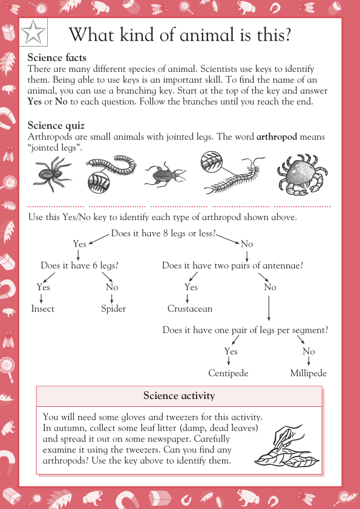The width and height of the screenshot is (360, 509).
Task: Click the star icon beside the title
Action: pos(33,32)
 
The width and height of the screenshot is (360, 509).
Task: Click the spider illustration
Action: pos(52,174)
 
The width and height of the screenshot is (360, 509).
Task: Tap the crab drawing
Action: pos(302,175)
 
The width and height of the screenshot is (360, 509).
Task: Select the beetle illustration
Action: pos(165,175)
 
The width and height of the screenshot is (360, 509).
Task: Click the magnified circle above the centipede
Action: pos(212,161)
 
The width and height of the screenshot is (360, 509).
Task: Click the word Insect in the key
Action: pos(42,309)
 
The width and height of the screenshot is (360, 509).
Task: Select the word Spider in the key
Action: pos(113,309)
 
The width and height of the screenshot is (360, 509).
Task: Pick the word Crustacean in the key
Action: pos(190,309)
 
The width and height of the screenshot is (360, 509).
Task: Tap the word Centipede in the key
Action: pos(228,374)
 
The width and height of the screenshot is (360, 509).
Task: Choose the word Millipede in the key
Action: pos(309,374)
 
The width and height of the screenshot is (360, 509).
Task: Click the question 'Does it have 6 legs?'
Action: pos(80,265)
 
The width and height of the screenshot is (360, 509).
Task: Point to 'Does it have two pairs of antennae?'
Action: pos(232,265)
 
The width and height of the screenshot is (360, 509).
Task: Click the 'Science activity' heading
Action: pos(179,396)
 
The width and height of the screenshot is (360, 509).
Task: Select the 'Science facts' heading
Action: pos(57,57)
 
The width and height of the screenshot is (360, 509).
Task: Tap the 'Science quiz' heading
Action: pos(56,126)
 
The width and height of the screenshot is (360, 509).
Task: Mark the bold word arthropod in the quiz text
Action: pos(277,137)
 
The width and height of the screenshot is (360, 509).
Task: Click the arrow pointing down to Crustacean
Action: pos(187,299)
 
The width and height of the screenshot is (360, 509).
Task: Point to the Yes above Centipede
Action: pos(231,351)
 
